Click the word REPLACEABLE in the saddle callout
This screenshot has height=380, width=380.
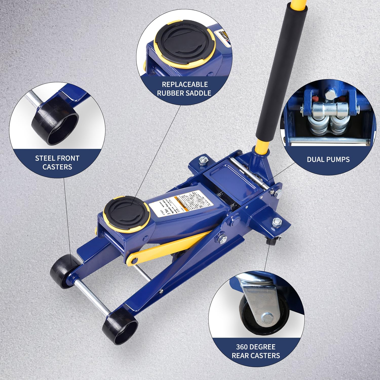(185, 84)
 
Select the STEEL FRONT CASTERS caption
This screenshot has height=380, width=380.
(57, 163)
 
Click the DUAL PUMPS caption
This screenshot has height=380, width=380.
(328, 159)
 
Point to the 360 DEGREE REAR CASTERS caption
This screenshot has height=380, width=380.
(256, 351)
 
